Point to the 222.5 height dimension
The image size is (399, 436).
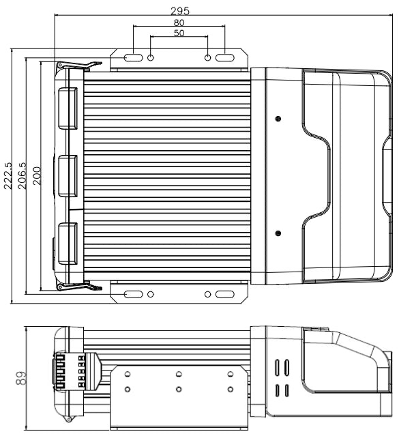click(8, 179)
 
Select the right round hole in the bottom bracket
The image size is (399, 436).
click(208, 295)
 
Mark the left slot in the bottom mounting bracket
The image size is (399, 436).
click(136, 295)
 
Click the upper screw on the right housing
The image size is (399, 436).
click(278, 119)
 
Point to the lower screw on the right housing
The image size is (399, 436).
click(278, 235)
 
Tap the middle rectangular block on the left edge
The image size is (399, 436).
click(67, 175)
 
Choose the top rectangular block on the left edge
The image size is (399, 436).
click(67, 108)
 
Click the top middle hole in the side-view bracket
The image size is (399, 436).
click(178, 374)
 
